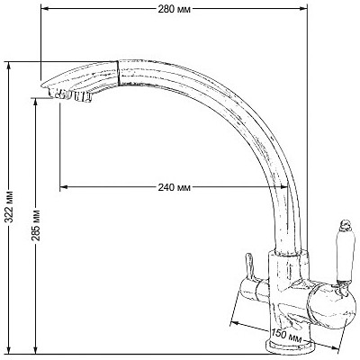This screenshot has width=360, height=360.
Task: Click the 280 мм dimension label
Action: (x=175, y=9)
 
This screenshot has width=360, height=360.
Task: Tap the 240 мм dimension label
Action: (x=175, y=187)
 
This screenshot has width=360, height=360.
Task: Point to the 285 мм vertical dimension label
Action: (x=36, y=225)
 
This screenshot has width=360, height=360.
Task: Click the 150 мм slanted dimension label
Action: (x=286, y=336)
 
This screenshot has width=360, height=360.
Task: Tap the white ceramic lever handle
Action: (x=343, y=257)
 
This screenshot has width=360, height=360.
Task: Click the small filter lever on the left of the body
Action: (x=249, y=266)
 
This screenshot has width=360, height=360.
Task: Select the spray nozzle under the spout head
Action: (x=71, y=95)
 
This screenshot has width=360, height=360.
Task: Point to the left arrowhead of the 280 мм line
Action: (x=44, y=9)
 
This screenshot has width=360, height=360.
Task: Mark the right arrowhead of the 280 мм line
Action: (x=303, y=9)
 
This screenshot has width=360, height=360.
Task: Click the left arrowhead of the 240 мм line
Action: (x=64, y=187)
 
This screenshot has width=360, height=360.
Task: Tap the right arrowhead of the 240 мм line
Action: (x=284, y=187)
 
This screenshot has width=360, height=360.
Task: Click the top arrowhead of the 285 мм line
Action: (x=36, y=102)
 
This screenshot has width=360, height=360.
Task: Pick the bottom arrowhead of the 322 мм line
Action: (x=10, y=350)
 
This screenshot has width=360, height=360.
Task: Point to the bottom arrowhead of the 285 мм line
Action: (x=36, y=350)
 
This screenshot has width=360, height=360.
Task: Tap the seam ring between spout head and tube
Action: (x=118, y=73)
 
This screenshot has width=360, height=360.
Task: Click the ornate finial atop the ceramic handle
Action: (x=345, y=226)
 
